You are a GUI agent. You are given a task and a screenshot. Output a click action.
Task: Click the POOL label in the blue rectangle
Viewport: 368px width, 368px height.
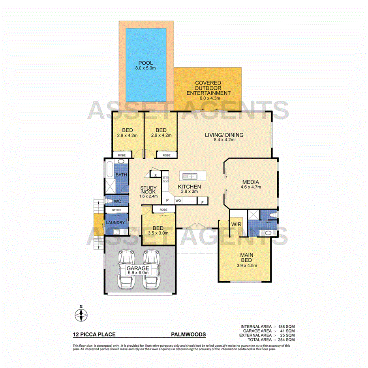145,63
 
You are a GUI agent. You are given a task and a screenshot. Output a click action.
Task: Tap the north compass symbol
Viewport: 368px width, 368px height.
81,314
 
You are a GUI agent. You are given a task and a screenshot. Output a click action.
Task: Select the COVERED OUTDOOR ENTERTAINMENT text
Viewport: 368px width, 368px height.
208,88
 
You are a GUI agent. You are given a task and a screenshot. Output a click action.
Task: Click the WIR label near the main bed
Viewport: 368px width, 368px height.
236,224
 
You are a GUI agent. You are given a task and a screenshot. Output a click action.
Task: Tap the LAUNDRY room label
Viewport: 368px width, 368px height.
116,223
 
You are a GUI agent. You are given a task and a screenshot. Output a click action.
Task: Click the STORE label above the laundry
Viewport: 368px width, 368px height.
116,210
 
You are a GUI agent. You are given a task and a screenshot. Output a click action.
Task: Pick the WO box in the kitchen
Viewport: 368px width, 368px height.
178,201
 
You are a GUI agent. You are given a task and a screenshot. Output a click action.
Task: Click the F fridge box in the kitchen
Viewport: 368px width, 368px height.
202,202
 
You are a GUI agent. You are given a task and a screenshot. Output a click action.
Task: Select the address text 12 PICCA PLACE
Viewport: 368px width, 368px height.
94,334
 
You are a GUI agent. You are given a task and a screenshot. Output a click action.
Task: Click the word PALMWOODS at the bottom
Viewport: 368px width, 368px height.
188,334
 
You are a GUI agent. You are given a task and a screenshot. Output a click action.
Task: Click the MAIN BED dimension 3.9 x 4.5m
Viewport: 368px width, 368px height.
249,265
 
